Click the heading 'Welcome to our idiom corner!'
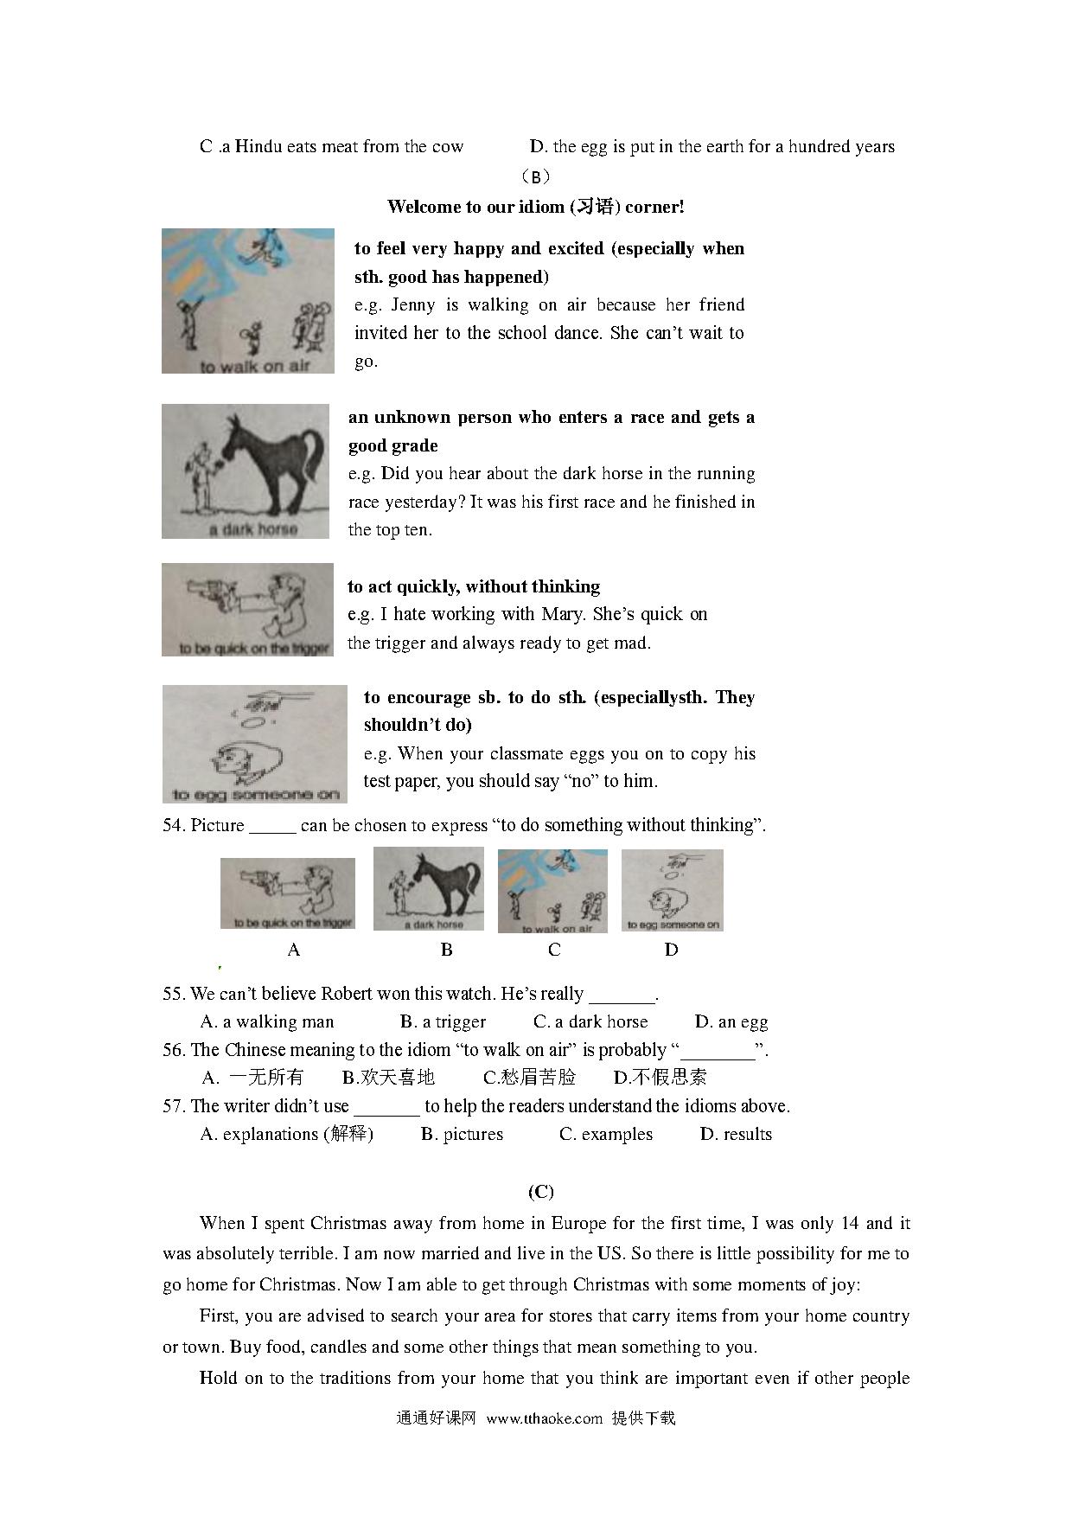click(x=535, y=207)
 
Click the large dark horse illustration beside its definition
click(x=246, y=470)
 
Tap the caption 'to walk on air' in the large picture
click(x=254, y=366)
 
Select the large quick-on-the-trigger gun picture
click(x=247, y=609)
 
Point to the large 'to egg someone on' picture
click(x=254, y=744)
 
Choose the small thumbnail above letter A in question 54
click(x=288, y=893)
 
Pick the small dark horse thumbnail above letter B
click(x=428, y=889)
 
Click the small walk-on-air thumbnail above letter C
click(x=552, y=891)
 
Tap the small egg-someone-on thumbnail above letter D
click(x=672, y=890)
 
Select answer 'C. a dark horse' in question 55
click(x=590, y=1021)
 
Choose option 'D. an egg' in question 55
click(x=731, y=1021)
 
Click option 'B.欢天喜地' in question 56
click(x=388, y=1078)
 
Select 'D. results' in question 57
click(x=736, y=1134)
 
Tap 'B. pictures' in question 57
click(x=462, y=1134)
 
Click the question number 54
click(x=173, y=825)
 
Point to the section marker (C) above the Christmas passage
click(x=540, y=1192)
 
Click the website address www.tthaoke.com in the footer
click(x=544, y=1418)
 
